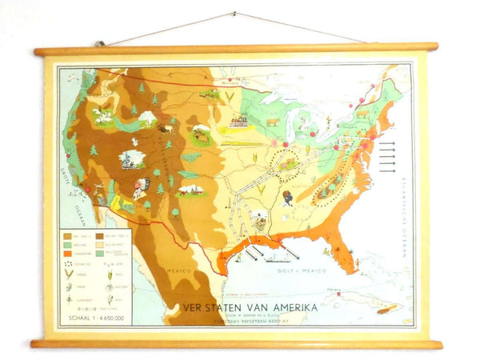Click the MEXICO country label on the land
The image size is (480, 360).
click(x=178, y=271)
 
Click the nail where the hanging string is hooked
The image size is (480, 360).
click(x=234, y=14)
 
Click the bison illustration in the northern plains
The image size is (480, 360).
click(x=166, y=127)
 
